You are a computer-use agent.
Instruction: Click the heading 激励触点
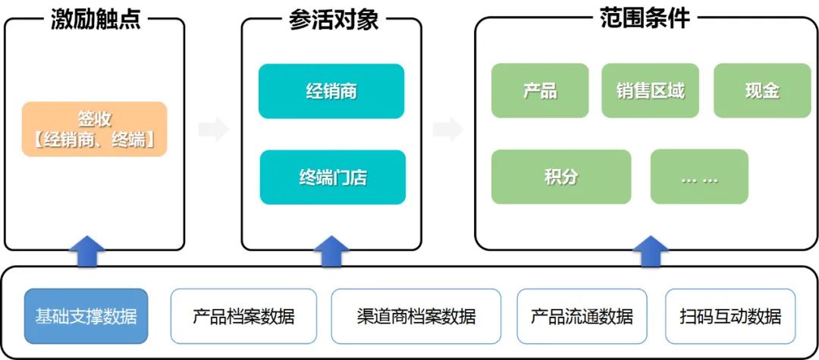click(96, 19)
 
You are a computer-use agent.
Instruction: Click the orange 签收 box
click(94, 130)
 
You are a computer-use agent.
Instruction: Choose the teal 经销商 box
click(331, 91)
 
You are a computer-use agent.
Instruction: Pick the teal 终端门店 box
click(333, 177)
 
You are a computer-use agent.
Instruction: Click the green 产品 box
click(540, 91)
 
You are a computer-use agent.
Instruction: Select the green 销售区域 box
click(651, 91)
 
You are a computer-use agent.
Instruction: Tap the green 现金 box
click(762, 91)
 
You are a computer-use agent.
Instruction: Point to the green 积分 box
click(561, 177)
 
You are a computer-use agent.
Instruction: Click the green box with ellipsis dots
click(699, 177)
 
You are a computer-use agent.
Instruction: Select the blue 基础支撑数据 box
click(86, 316)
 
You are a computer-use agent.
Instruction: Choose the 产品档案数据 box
click(243, 316)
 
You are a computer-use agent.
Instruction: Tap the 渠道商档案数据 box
click(416, 316)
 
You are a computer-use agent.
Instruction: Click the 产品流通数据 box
click(582, 316)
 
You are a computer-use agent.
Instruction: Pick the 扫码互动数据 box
click(730, 316)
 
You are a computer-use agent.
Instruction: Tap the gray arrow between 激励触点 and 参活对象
click(214, 130)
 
